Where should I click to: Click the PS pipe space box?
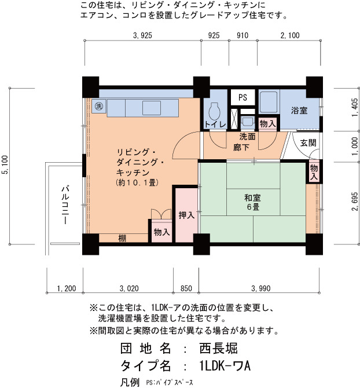243,97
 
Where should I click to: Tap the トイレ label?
215,124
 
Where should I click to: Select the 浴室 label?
299,111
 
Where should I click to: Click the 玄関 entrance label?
308,143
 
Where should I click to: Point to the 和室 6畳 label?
252,202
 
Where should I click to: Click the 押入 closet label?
186,215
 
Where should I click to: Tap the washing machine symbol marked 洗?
99,107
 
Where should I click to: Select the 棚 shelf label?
122,239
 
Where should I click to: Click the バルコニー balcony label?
65,205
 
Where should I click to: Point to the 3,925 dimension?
142,35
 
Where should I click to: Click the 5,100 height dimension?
5,164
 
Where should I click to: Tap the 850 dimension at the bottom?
186,288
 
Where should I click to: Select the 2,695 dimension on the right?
355,202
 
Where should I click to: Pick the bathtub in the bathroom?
269,102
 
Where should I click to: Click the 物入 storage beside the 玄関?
314,172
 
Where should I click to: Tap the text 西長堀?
218,348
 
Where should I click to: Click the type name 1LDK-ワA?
225,365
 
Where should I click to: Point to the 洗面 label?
247,136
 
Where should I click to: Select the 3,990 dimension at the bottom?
261,288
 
